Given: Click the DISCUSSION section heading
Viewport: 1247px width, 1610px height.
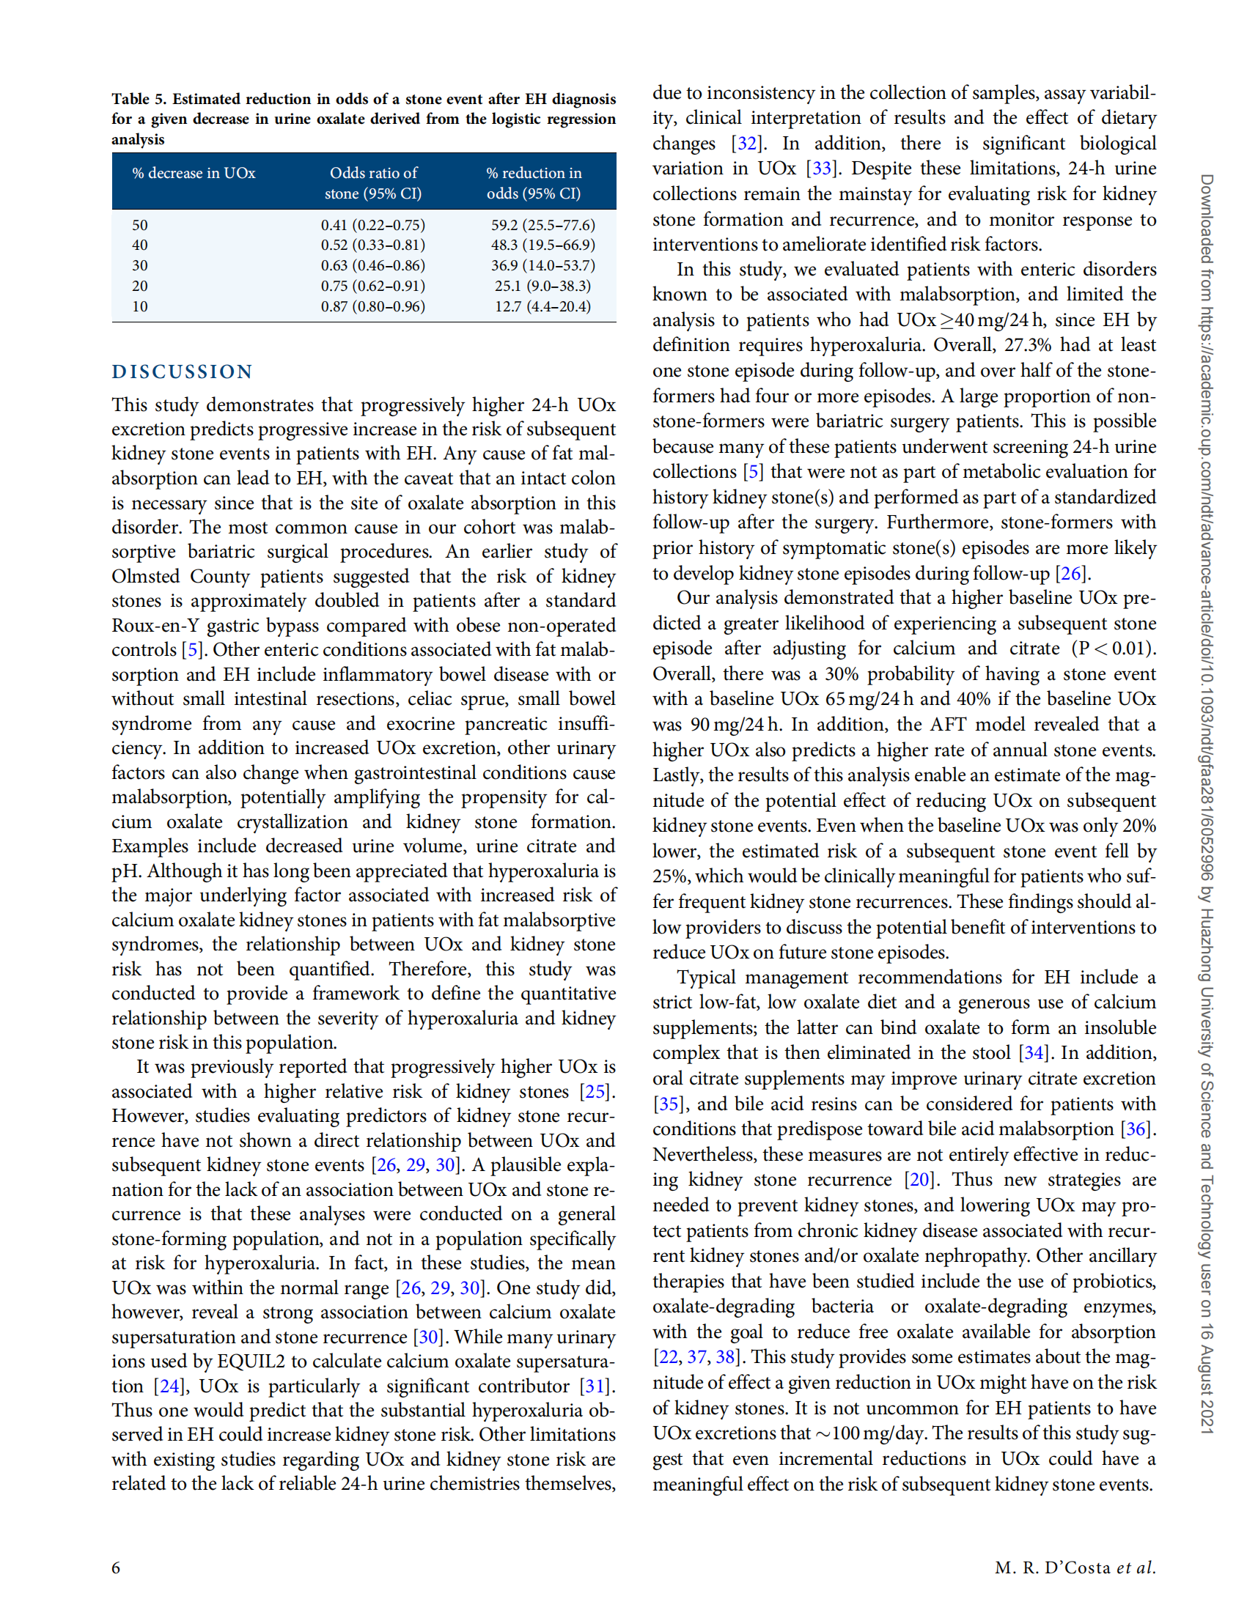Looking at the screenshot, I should (182, 372).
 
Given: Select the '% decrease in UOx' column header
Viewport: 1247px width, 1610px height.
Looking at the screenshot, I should (194, 173).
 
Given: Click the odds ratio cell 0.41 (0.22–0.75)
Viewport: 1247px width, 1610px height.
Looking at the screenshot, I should (372, 225).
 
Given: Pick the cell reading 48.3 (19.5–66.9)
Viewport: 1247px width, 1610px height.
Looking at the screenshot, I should (542, 245).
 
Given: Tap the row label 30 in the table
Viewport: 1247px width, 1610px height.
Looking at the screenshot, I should (140, 265).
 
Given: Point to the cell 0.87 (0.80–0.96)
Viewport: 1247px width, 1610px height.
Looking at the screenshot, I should (372, 306).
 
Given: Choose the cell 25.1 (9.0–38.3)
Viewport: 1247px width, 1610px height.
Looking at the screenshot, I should (542, 285).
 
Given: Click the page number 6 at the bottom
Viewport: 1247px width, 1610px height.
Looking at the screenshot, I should (116, 1567).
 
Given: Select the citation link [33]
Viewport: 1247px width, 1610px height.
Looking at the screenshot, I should (822, 169).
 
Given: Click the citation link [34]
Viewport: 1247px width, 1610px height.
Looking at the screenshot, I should (1033, 1052).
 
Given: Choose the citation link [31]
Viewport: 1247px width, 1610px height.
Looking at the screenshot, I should (596, 1386).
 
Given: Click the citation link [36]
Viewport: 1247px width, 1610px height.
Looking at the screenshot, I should (1136, 1129).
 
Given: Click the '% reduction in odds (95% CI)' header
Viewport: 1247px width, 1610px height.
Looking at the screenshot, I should (534, 182).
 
